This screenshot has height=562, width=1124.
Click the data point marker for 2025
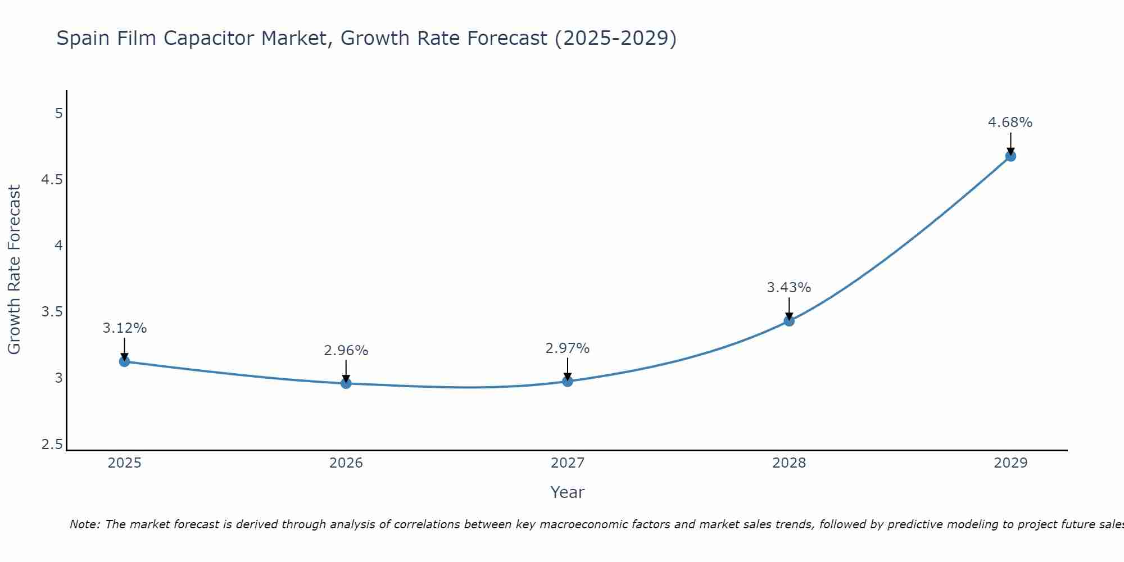coord(125,361)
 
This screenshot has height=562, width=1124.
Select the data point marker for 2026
coord(346,383)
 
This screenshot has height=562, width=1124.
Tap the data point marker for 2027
coord(568,382)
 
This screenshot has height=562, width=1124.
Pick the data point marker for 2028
coord(789,321)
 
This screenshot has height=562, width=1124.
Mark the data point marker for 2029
coord(1010,156)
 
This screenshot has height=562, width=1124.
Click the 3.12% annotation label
coord(125,328)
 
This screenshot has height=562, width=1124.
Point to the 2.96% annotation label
coord(346,351)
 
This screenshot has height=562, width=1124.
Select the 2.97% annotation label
coord(568,348)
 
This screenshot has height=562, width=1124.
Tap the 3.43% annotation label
coord(789,288)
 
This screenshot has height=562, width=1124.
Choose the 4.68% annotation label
coord(1010,123)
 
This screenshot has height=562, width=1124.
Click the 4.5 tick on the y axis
coord(52,180)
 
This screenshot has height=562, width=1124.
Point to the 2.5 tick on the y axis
coord(52,445)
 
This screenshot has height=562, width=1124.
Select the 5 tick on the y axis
coord(58,114)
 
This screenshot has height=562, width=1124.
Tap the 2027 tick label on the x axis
coord(568,463)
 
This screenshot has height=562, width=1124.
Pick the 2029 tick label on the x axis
coord(1010,463)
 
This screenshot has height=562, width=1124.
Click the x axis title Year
coord(568,492)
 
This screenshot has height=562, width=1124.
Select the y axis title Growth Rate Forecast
coord(15,270)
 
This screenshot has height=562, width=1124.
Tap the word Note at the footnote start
coord(84,524)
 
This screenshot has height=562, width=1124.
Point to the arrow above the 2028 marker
coord(789,308)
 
